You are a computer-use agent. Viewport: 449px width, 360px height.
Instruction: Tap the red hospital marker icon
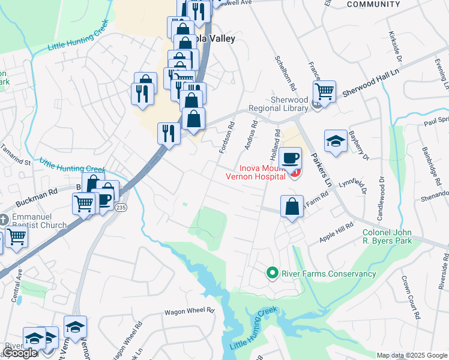click(x=295, y=173)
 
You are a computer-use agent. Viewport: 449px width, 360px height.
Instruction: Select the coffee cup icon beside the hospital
click(x=290, y=158)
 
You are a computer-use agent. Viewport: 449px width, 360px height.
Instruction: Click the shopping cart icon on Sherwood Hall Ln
click(x=324, y=92)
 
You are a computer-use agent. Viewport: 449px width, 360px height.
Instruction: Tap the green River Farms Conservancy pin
click(x=272, y=274)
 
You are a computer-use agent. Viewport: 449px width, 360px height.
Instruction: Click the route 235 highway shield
click(x=121, y=207)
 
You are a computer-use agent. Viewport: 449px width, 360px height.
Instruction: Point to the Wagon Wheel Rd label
click(x=190, y=311)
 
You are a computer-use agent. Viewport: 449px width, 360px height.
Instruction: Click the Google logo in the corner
click(x=20, y=353)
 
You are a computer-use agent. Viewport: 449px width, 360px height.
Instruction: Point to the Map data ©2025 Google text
click(x=412, y=355)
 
